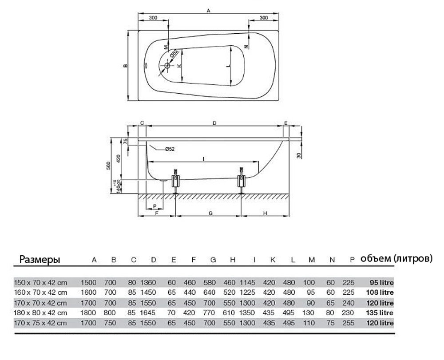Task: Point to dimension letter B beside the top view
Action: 126,66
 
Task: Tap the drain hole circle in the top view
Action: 167,66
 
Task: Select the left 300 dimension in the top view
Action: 153,18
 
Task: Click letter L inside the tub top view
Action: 228,66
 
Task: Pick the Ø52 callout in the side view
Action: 169,149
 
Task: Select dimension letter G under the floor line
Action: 209,214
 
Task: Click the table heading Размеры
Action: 39,260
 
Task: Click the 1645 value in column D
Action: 148,313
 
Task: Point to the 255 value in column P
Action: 349,323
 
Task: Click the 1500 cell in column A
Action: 88,282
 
